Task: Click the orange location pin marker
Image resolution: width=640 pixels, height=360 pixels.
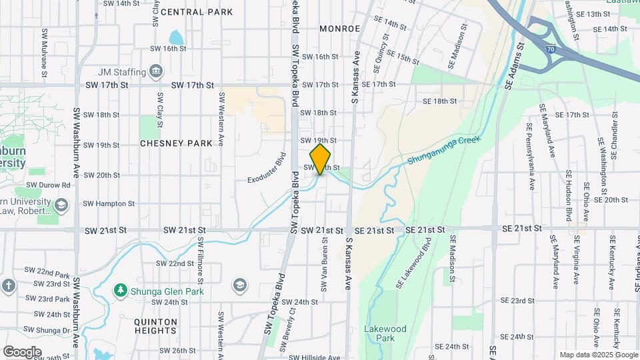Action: click(321, 159)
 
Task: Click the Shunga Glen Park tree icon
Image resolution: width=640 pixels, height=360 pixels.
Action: click(121, 291)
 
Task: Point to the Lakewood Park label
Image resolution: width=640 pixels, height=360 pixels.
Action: click(385, 333)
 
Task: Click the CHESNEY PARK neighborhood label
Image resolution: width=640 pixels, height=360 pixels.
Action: click(176, 143)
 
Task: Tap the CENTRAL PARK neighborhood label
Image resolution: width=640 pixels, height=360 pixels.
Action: click(197, 12)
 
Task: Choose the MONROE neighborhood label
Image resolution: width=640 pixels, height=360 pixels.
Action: click(339, 29)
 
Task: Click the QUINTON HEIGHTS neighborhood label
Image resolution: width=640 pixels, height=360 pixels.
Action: click(155, 327)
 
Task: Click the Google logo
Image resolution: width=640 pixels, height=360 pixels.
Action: click(22, 351)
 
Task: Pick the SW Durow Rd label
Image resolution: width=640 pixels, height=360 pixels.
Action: click(48, 185)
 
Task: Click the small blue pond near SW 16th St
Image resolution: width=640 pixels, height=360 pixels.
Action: click(175, 37)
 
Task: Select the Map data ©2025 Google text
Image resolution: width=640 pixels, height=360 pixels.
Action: click(598, 355)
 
